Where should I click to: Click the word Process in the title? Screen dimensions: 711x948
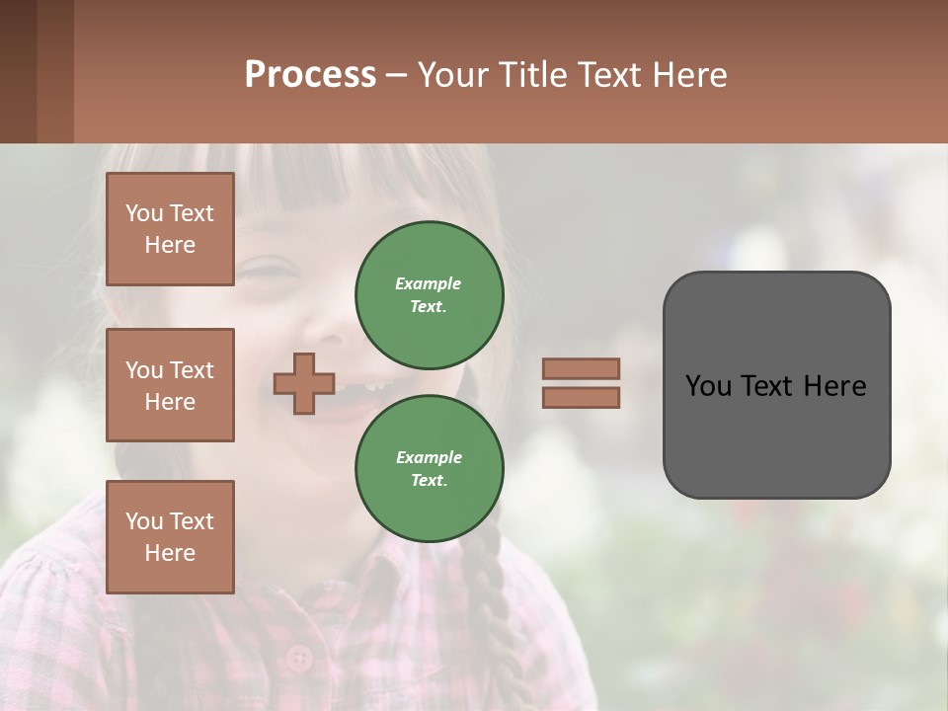(310, 75)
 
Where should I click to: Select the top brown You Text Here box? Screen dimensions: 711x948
(170, 229)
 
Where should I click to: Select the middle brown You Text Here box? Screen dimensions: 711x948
(170, 385)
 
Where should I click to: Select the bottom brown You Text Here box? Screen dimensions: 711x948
(170, 537)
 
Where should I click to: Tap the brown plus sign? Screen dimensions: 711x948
(304, 384)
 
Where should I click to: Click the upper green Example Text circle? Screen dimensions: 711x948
(429, 295)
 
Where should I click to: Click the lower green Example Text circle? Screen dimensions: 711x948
(429, 469)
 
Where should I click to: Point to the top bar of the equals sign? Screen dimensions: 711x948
(581, 369)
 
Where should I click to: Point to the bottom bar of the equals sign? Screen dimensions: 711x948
(581, 397)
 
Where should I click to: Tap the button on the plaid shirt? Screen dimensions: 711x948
(298, 657)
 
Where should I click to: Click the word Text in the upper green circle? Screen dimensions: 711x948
(428, 307)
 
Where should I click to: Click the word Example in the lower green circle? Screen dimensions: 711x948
(429, 457)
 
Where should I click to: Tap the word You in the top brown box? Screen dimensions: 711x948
(144, 213)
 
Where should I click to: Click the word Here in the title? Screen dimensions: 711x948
(687, 75)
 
